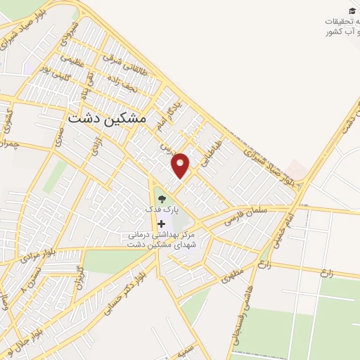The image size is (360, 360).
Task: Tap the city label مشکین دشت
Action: [108, 119]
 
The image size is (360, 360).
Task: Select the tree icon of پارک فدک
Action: [162, 199]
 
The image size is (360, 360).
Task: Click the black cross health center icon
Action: [162, 223]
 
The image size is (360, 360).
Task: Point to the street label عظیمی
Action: [72, 65]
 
